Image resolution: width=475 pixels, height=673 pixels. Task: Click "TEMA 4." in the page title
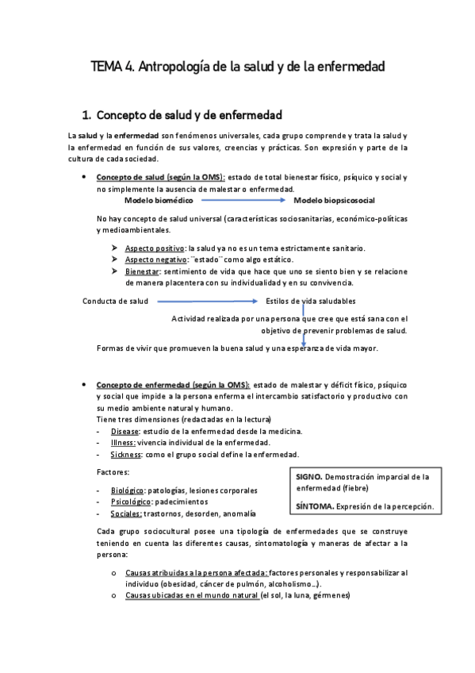113,68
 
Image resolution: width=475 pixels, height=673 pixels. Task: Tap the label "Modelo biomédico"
159,200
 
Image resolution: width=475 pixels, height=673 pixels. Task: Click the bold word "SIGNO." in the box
309,478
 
